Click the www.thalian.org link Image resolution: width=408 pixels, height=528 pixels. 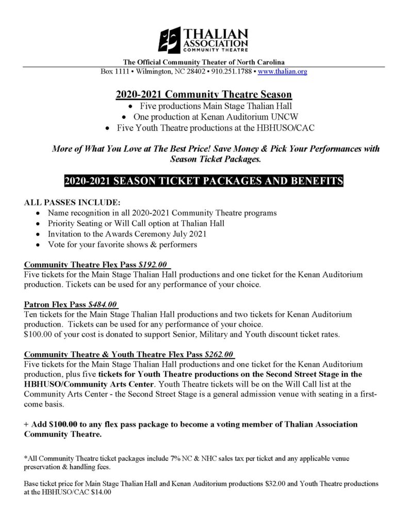pos(283,72)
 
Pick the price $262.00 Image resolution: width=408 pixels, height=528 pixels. pos(220,355)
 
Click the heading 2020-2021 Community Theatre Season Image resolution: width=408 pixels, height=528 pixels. pos(204,95)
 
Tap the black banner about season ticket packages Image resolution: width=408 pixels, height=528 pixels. pos(204,181)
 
